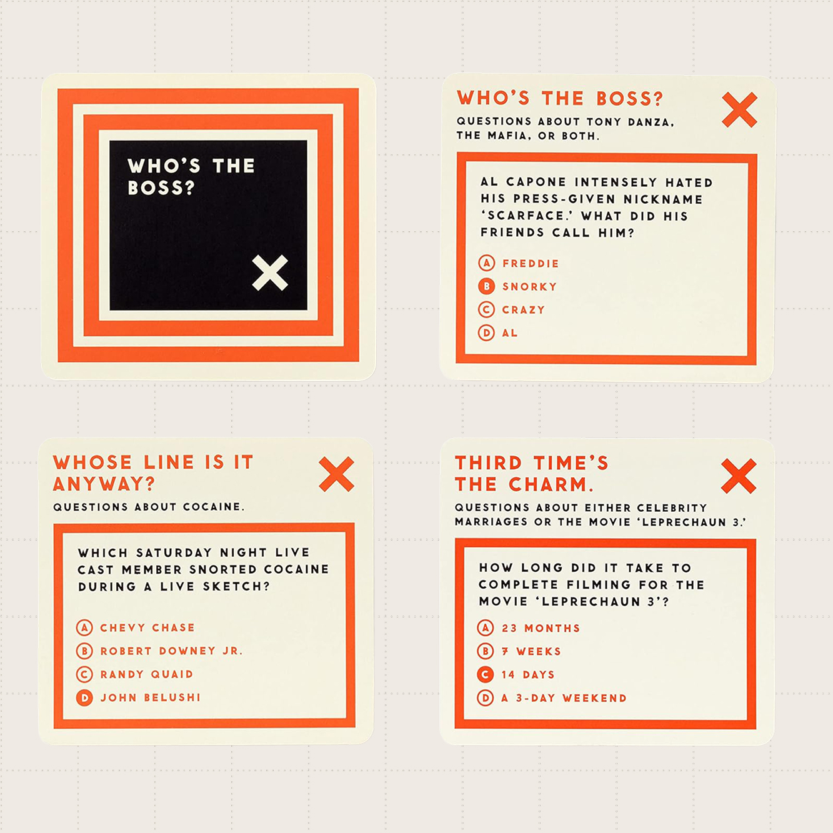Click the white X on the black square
coord(270,273)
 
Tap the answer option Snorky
coord(529,287)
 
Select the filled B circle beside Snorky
coord(487,286)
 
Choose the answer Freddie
coord(531,264)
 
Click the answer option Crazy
coord(524,310)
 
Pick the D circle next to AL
coord(487,332)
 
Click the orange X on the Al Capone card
coord(739,110)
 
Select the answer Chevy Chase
coord(147,627)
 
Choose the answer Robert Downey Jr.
coord(171,651)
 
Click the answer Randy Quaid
coord(147,674)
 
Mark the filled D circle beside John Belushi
coord(84,697)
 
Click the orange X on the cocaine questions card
coord(336,474)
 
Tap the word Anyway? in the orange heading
coord(104,484)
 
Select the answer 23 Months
coord(541,628)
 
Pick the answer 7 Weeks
coord(531,651)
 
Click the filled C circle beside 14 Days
coord(486,674)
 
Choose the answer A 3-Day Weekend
coord(564,698)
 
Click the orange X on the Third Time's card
coord(739,476)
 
